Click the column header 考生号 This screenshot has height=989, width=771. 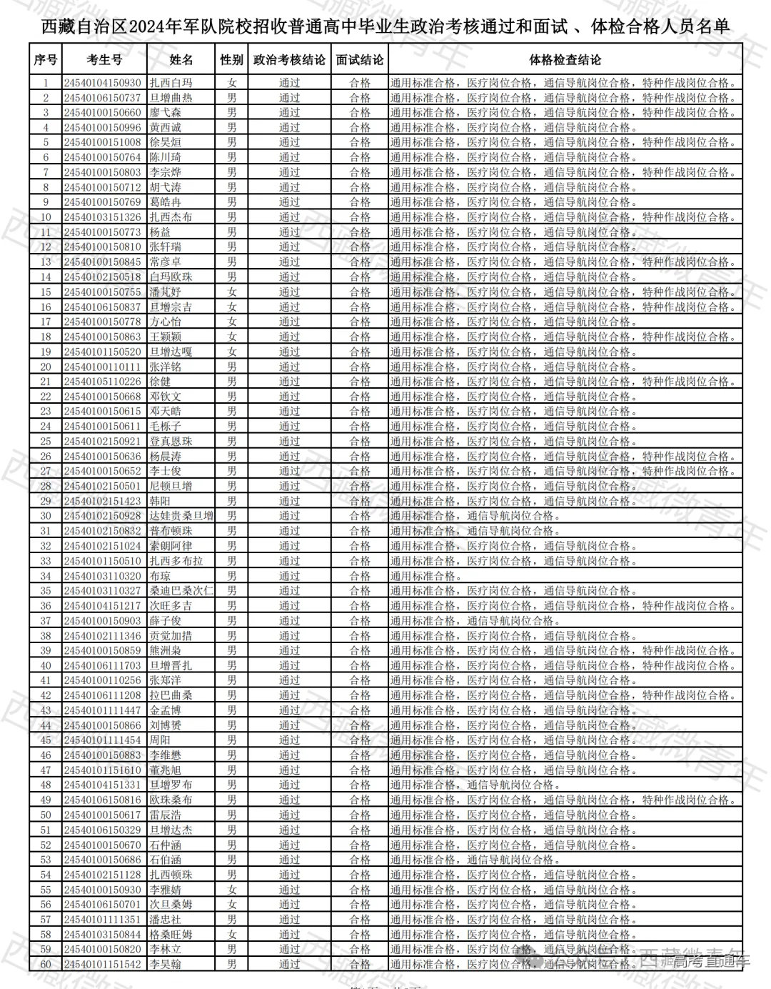104,60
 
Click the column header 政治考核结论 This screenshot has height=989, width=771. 289,60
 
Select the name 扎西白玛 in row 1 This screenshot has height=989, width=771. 171,83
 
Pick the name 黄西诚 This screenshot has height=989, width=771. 166,128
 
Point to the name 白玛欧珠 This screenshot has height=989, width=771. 171,277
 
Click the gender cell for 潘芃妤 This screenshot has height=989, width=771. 231,292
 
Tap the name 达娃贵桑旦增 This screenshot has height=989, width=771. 181,516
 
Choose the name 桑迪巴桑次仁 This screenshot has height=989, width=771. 181,591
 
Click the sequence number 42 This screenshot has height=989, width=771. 46,695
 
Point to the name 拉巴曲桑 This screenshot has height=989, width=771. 171,695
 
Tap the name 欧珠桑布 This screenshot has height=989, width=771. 171,800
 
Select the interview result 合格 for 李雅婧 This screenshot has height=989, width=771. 360,890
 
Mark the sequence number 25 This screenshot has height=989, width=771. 46,442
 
